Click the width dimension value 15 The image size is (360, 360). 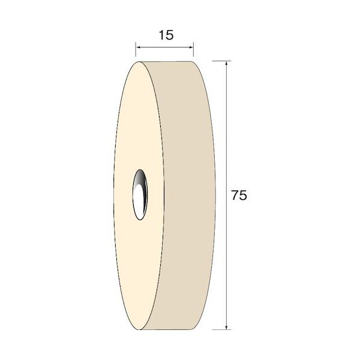coord(166,35)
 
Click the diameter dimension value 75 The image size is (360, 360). coord(239,196)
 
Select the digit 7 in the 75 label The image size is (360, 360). coord(235,196)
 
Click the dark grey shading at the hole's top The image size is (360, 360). coord(140,177)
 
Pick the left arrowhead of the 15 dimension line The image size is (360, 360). coord(139,47)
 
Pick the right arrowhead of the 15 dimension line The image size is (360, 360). coord(191,47)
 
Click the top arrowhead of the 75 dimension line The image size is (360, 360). coord(227,64)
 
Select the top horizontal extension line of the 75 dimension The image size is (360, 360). coord(219,61)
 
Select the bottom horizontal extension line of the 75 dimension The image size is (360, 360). coord(219,329)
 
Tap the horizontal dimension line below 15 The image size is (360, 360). coord(165,47)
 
